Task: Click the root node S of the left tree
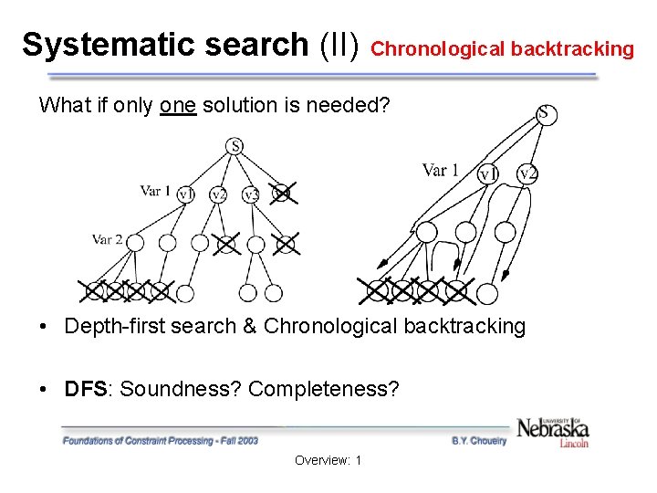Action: coord(235,146)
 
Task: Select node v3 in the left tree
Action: coord(251,194)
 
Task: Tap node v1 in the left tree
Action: coord(185,194)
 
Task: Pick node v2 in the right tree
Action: coord(527,173)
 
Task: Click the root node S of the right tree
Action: coord(544,114)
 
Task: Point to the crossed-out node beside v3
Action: coord(283,193)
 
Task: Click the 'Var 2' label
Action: coord(108,239)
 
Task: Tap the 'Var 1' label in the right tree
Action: coord(441,171)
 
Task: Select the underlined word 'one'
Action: coord(177,106)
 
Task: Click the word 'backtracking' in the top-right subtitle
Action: coord(572,49)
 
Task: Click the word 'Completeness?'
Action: coord(324,389)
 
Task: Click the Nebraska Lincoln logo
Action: coord(553,430)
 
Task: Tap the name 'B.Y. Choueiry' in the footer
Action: coord(479,440)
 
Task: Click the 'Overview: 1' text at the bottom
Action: coord(328,460)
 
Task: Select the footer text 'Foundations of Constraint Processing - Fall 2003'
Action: coord(161,440)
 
